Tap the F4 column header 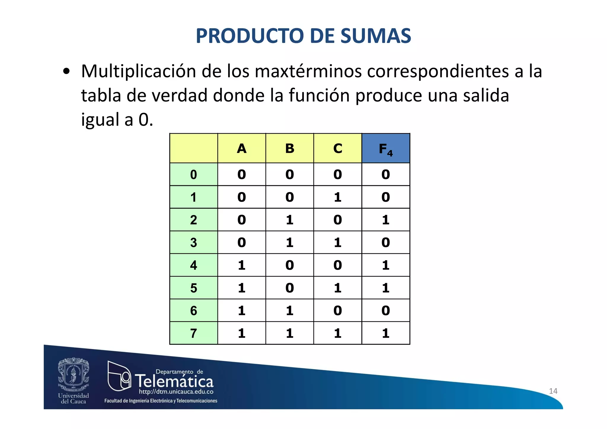386,149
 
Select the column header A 242,149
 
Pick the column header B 290,149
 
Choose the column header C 338,149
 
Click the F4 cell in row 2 386,220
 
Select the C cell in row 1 338,197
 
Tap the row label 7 194,333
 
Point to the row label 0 194,174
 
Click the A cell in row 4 242,265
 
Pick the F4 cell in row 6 386,311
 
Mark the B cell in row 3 290,243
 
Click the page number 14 553,391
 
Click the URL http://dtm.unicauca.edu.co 176,392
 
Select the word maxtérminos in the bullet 308,71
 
